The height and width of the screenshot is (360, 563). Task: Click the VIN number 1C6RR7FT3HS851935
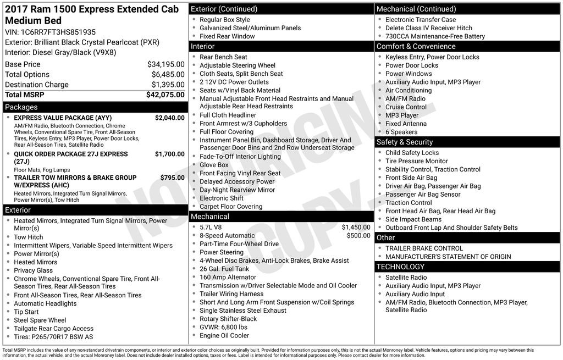(58, 32)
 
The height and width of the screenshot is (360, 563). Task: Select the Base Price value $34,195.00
(165, 64)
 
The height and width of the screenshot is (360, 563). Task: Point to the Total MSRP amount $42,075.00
(165, 95)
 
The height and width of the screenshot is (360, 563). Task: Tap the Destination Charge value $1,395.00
(168, 85)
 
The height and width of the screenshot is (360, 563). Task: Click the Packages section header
(21, 107)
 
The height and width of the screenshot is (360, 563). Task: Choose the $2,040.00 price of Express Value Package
(169, 118)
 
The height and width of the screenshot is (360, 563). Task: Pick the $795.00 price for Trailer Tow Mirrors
(172, 178)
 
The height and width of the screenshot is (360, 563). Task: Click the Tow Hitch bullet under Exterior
(28, 237)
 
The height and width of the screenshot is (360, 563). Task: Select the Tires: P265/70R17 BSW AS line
(53, 337)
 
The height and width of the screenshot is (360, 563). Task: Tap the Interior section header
(203, 47)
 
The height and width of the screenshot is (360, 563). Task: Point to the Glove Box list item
(214, 165)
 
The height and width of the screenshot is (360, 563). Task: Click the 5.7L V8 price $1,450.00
(356, 227)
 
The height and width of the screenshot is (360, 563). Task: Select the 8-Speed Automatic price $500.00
(358, 235)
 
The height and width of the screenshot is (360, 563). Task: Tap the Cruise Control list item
(406, 107)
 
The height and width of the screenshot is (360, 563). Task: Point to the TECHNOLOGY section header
(400, 267)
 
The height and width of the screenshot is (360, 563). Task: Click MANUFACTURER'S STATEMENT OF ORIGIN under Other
(448, 257)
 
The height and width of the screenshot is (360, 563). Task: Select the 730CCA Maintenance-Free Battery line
(435, 36)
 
